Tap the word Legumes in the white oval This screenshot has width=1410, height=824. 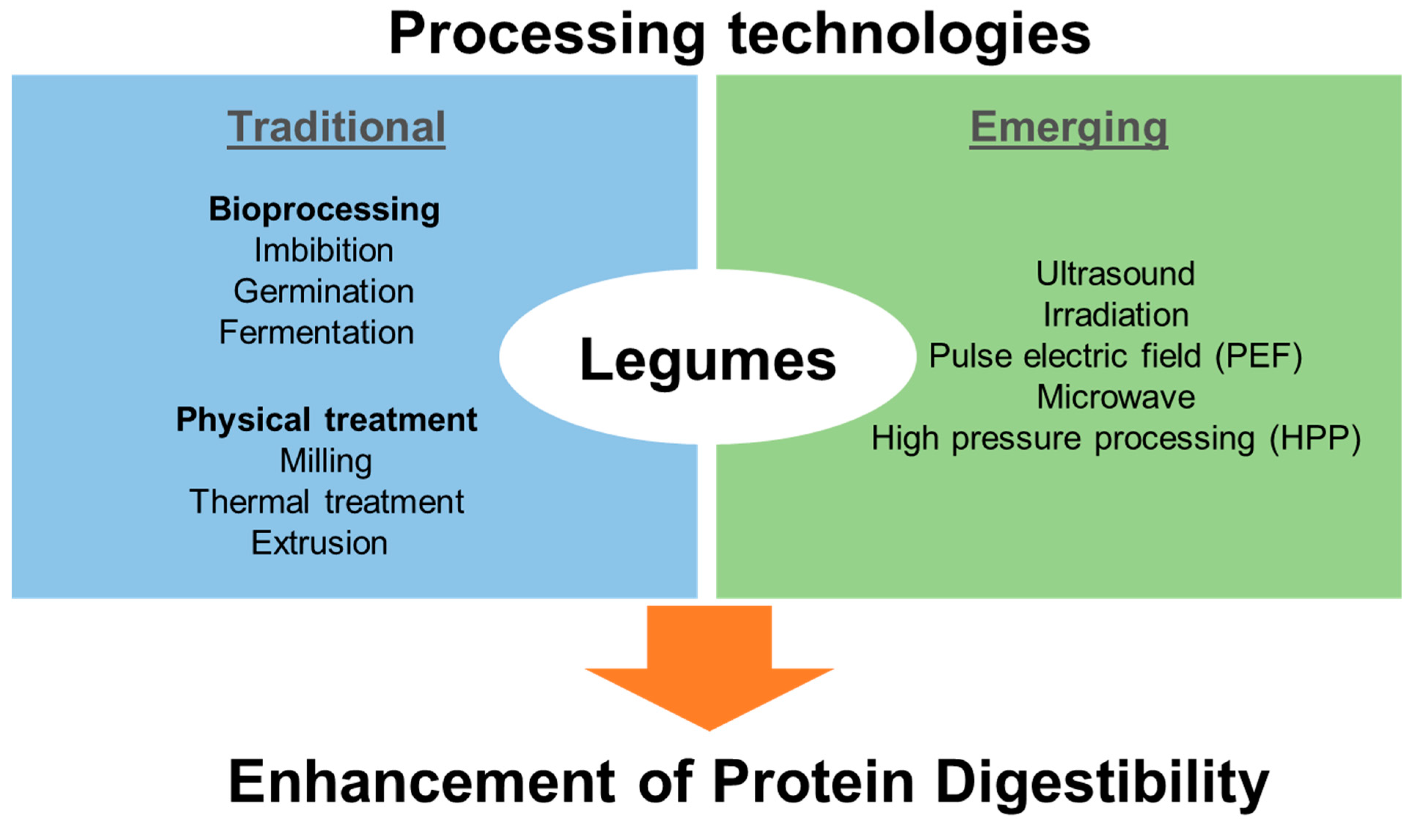tap(708, 360)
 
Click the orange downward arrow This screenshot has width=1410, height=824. tap(709, 663)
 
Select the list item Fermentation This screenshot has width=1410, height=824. tap(316, 332)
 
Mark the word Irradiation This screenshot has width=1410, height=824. tap(1116, 315)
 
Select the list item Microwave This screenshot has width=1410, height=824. tap(1116, 397)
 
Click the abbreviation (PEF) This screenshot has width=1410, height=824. tap(1259, 356)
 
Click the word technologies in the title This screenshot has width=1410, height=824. tap(909, 35)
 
